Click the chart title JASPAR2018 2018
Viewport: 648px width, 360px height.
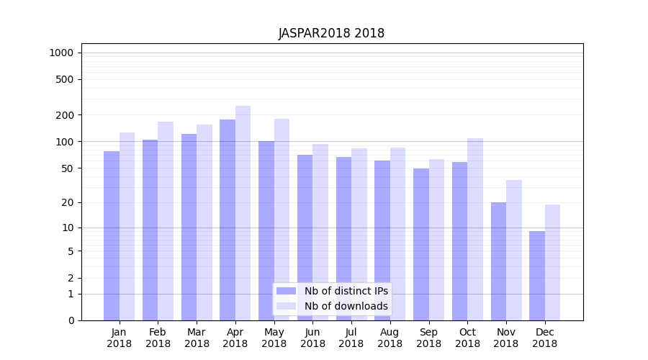pos(331,33)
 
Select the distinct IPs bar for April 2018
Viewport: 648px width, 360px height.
pos(228,220)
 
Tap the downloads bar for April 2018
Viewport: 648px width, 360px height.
pos(243,213)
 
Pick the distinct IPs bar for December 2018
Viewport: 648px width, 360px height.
pos(537,276)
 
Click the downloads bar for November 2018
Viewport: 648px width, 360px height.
pos(514,250)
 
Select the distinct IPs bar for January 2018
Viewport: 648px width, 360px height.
pos(112,235)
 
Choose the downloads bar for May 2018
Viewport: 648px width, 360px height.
pos(282,220)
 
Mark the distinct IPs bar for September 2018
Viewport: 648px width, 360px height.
pos(421,244)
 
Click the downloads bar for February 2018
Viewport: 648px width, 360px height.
pos(166,221)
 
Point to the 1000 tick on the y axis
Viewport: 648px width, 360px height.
pos(61,53)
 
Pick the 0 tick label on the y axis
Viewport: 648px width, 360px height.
pos(71,320)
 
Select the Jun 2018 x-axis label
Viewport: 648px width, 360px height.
pos(312,338)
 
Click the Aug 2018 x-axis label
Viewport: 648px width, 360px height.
pos(390,338)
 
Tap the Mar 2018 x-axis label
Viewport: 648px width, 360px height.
pos(197,338)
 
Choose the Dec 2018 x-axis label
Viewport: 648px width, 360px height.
pos(544,338)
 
